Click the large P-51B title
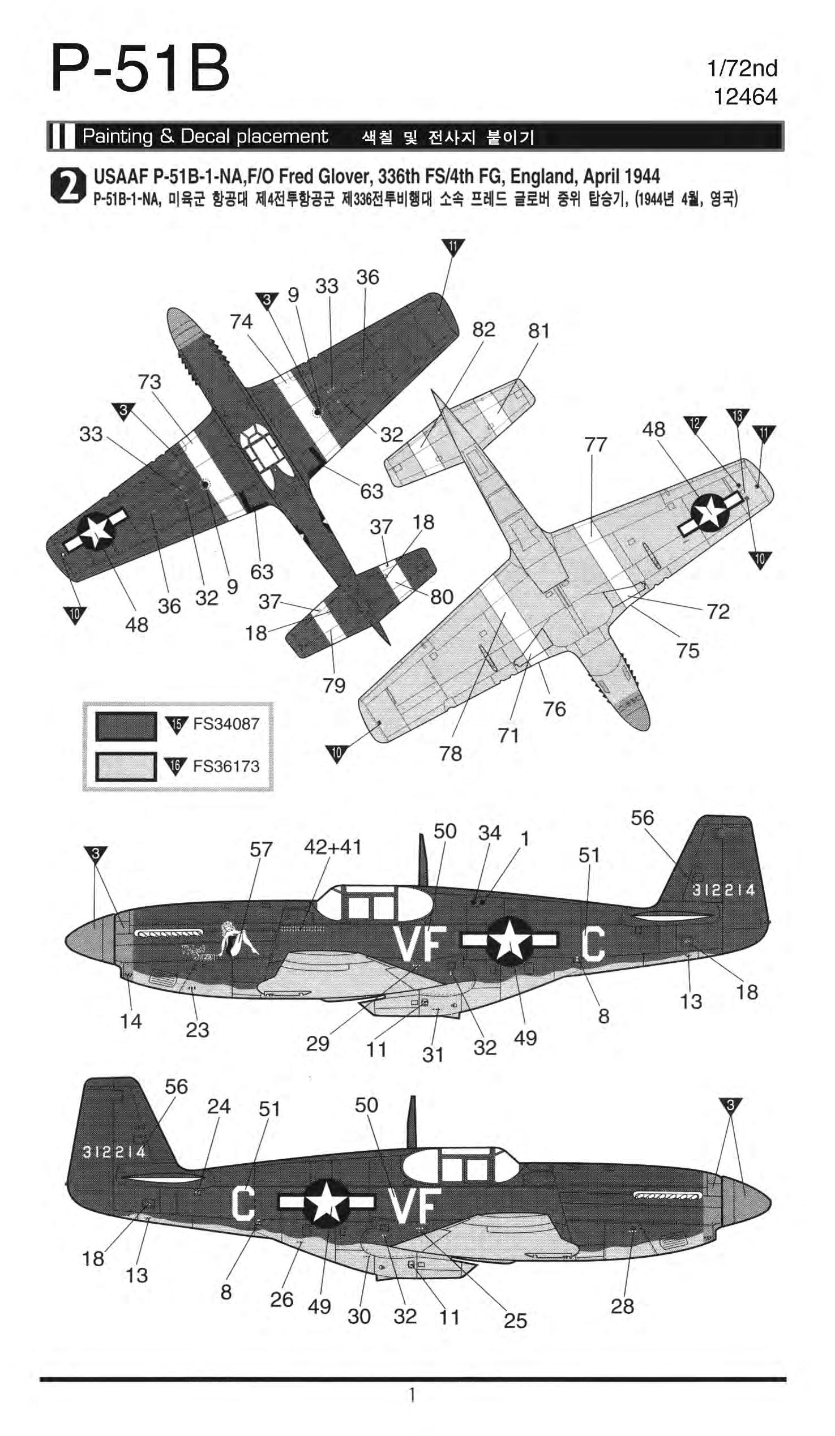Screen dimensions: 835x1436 [x=140, y=70]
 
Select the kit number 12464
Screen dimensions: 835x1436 [x=745, y=97]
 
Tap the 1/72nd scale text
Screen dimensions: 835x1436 [x=742, y=69]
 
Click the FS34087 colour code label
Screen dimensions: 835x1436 [x=226, y=724]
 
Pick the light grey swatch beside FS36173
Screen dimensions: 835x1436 [x=126, y=766]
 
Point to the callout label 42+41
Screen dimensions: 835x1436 [x=332, y=847]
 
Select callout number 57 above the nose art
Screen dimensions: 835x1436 [x=261, y=850]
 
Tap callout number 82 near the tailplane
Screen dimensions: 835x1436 [x=483, y=329]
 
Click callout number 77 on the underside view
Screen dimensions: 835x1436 [x=596, y=444]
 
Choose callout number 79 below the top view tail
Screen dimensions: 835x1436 [x=333, y=685]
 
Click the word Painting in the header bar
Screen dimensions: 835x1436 [x=117, y=136]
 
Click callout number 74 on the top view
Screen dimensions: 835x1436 [x=241, y=322]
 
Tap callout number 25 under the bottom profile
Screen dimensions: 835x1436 [x=515, y=1321]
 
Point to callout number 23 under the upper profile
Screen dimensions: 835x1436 [x=197, y=1030]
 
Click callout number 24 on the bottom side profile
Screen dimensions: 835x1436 [x=219, y=1107]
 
